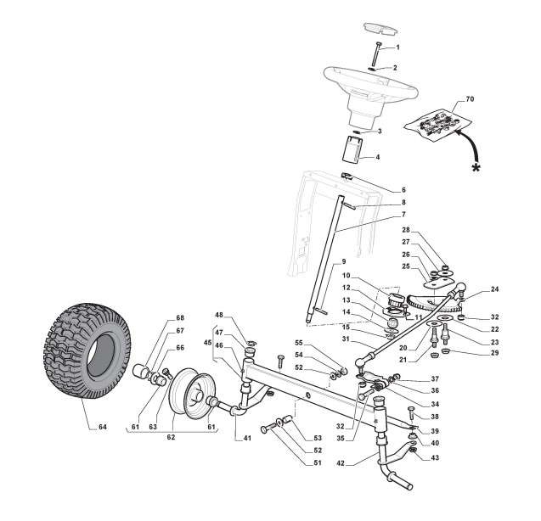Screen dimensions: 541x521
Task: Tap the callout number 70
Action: click(471, 100)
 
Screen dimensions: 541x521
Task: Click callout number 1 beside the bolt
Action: click(396, 47)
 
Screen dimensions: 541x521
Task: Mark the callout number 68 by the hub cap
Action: click(180, 318)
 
